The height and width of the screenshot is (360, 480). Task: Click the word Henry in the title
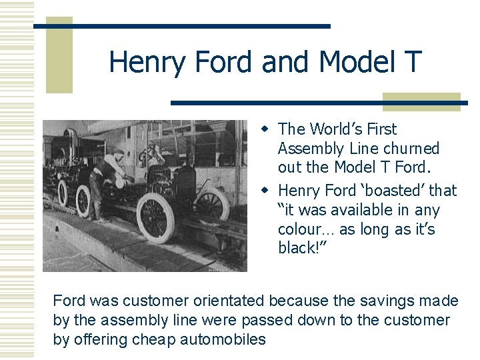pyautogui.click(x=148, y=63)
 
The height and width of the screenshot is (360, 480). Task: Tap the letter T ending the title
pyautogui.click(x=412, y=63)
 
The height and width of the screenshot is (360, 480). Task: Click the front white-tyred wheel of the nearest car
pyautogui.click(x=155, y=217)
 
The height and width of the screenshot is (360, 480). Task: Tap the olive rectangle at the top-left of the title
pyautogui.click(x=59, y=55)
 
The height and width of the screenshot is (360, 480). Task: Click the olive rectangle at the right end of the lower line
pyautogui.click(x=421, y=101)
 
